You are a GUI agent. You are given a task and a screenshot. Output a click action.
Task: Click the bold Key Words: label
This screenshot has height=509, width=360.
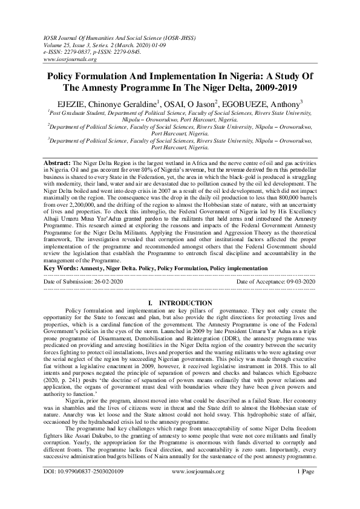click(x=62, y=267)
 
